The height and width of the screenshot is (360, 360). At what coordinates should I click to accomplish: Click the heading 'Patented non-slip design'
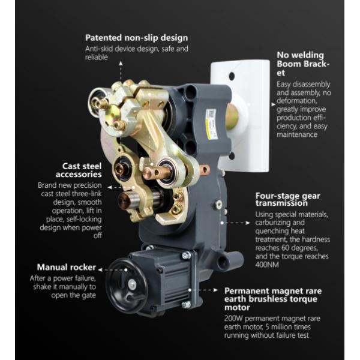pos(136,38)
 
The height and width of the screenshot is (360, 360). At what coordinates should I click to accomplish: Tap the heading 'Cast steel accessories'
pos(79,170)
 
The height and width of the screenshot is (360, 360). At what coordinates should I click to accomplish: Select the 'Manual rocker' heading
pos(67,267)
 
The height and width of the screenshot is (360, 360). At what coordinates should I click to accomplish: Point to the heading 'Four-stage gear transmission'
pos(287,199)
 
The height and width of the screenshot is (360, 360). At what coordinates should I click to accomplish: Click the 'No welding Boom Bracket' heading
pos(303,64)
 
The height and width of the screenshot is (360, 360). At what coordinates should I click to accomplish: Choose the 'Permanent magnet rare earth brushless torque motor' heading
pos(273,299)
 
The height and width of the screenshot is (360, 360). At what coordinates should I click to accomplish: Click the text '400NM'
pos(267,265)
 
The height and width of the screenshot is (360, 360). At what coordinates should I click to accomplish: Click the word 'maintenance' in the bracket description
pos(297,134)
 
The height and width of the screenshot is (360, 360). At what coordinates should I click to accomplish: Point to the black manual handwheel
pos(123,286)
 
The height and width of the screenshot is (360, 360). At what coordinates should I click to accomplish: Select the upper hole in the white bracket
pos(232,76)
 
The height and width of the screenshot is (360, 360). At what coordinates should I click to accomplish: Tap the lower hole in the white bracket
pos(232,156)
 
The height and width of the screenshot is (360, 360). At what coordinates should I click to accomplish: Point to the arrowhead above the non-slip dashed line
pos(121,63)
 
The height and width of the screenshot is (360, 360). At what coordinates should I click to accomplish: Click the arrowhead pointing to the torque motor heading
pos(215,290)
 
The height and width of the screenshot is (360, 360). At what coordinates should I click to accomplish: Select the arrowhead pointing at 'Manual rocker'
pos(100,270)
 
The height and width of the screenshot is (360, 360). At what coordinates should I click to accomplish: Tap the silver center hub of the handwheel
pos(132,284)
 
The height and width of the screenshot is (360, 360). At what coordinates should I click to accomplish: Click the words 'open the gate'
pos(73,295)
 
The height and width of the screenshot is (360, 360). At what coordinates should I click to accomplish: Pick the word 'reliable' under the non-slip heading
pos(97,57)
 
